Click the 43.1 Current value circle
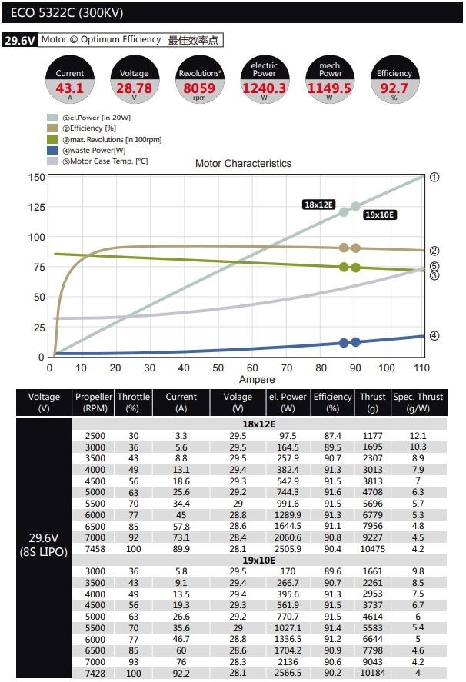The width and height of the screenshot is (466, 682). click(x=70, y=81)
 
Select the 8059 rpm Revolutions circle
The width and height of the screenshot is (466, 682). click(x=199, y=81)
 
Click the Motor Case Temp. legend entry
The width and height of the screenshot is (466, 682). click(x=98, y=161)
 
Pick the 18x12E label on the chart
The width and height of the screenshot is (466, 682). click(x=318, y=205)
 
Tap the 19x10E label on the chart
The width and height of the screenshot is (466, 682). click(x=380, y=215)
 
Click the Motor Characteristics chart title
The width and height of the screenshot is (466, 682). click(x=243, y=163)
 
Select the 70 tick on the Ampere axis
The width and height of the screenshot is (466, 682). click(x=286, y=368)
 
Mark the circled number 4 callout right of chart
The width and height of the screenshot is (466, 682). click(x=434, y=336)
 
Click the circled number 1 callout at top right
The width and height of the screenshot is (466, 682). click(x=434, y=177)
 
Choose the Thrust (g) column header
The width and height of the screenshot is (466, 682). click(x=373, y=402)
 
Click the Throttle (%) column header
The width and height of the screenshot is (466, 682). click(x=134, y=402)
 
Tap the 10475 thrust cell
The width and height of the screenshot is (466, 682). click(x=373, y=549)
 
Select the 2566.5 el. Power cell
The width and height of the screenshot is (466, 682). click(x=288, y=674)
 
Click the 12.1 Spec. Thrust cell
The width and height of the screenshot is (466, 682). click(x=418, y=435)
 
